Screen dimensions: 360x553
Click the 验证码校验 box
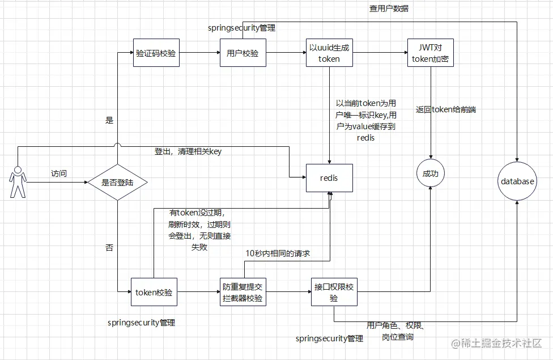156,54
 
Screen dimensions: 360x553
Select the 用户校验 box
243,54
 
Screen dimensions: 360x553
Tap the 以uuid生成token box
329,54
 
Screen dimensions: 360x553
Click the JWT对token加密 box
431,54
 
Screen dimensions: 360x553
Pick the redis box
329,178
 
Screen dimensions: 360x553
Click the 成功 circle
431,173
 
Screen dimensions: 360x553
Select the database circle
517,181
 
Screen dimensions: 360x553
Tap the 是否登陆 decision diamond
117,183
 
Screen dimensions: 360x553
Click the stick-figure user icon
17,181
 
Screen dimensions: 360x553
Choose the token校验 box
154,293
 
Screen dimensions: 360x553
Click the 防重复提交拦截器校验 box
243,293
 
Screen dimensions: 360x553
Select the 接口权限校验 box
334,293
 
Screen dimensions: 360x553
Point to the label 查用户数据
389,9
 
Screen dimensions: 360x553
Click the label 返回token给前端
445,110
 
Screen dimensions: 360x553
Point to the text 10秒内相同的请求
278,253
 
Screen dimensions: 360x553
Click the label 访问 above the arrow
59,173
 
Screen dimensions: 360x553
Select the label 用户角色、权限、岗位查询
396,331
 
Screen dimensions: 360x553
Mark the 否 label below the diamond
109,247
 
